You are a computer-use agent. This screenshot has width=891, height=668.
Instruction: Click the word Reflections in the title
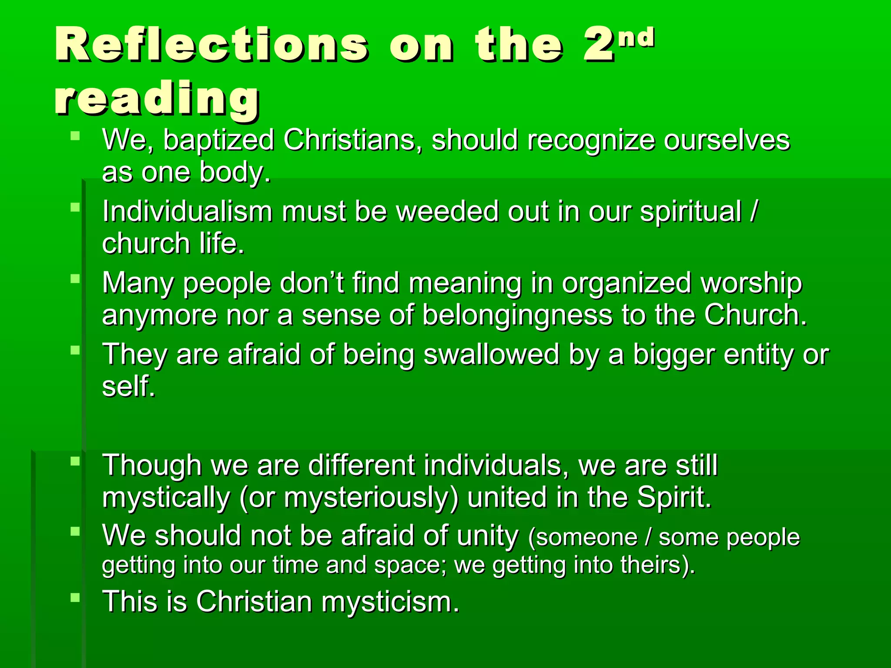tap(212, 45)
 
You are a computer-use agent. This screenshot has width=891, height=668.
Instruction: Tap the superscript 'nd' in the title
tap(636, 37)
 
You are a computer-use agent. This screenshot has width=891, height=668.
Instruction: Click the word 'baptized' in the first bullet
tap(219, 140)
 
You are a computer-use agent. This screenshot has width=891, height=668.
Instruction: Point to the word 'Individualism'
tap(188, 211)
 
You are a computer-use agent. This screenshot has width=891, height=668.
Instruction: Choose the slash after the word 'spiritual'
tap(754, 211)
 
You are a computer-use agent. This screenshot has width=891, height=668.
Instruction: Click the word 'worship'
tap(751, 283)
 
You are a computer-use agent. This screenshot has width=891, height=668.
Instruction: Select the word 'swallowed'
tap(491, 354)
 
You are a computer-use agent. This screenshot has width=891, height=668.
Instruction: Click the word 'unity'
tap(488, 535)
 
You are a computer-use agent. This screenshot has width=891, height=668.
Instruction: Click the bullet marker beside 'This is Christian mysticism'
tap(75, 598)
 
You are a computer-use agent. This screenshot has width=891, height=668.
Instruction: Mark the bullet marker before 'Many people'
tap(75, 278)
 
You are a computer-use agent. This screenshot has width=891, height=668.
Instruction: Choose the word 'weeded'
tap(447, 211)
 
